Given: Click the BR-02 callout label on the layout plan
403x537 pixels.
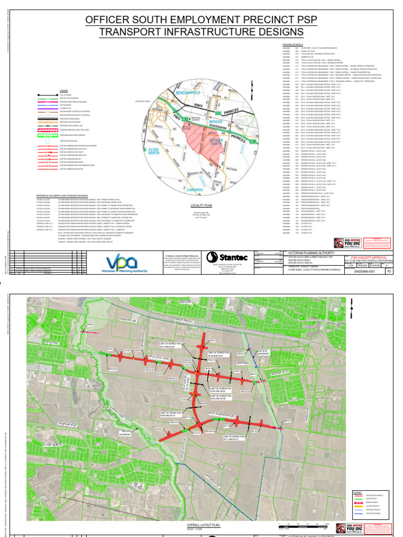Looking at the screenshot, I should click(287, 421).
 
